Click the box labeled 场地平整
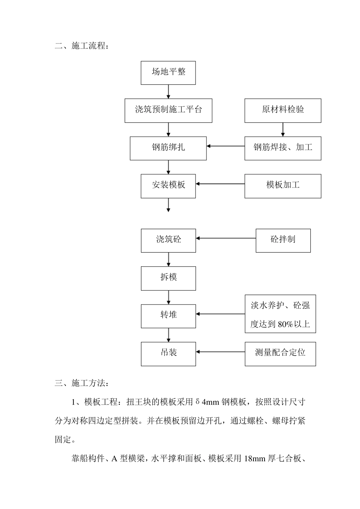(x=168, y=73)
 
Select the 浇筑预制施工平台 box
(x=168, y=111)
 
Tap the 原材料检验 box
(x=283, y=111)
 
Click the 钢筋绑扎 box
(x=168, y=148)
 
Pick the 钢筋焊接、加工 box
(x=283, y=148)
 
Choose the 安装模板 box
(x=168, y=186)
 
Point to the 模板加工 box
(x=283, y=186)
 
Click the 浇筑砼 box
(x=168, y=240)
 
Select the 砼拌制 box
(x=283, y=240)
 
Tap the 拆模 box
(x=168, y=278)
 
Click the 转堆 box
(x=168, y=316)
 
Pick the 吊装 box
(x=168, y=354)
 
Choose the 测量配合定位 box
(x=280, y=354)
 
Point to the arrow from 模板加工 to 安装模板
(x=220, y=184)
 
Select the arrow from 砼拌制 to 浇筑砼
(x=226, y=238)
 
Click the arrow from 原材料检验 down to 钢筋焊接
(x=283, y=130)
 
